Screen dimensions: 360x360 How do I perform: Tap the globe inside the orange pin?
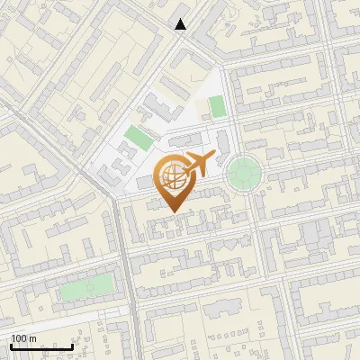[x=171, y=176]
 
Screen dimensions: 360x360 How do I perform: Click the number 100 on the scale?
[x=19, y=338]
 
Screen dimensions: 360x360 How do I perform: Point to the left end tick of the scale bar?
[x=12, y=346]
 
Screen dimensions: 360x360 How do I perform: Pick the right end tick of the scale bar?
[x=72, y=346]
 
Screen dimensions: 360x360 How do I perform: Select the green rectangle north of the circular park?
[x=217, y=107]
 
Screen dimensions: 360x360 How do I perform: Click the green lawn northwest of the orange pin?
[x=139, y=138]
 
